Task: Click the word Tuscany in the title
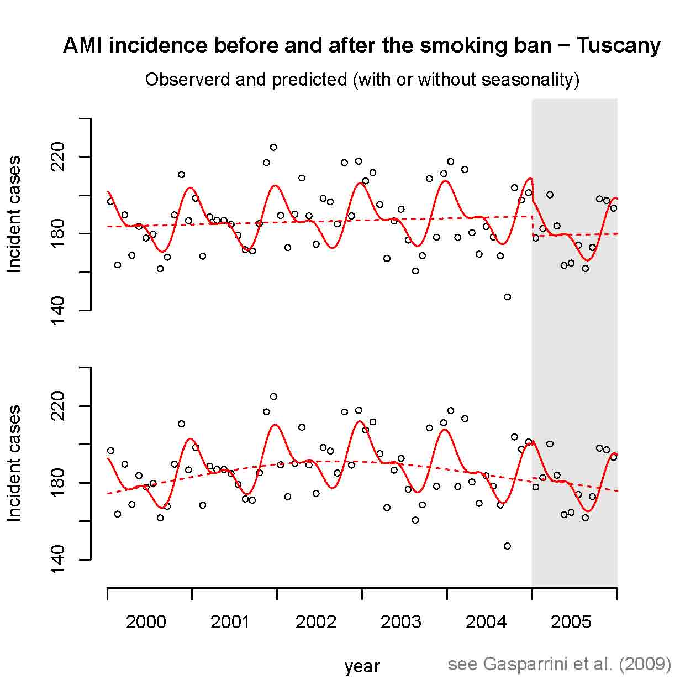pos(618,45)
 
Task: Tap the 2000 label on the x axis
pos(146,621)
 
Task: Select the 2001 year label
pos(230,621)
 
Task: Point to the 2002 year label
pos(316,621)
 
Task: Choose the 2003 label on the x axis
pos(401,621)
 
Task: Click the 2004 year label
pos(486,621)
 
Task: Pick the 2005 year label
pos(571,621)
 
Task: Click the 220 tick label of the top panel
pos(57,157)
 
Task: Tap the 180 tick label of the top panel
pos(57,234)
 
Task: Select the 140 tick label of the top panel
pos(57,311)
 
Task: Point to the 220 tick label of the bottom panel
pos(57,406)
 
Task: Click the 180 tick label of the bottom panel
pos(57,483)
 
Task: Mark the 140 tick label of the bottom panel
pos(57,560)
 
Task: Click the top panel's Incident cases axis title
pos(14,215)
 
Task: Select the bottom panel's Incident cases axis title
pos(14,463)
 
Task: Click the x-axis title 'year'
pos(362,667)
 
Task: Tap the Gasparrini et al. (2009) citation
pos(559,664)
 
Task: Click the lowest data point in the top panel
pos(507,297)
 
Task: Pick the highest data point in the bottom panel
pos(273,396)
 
